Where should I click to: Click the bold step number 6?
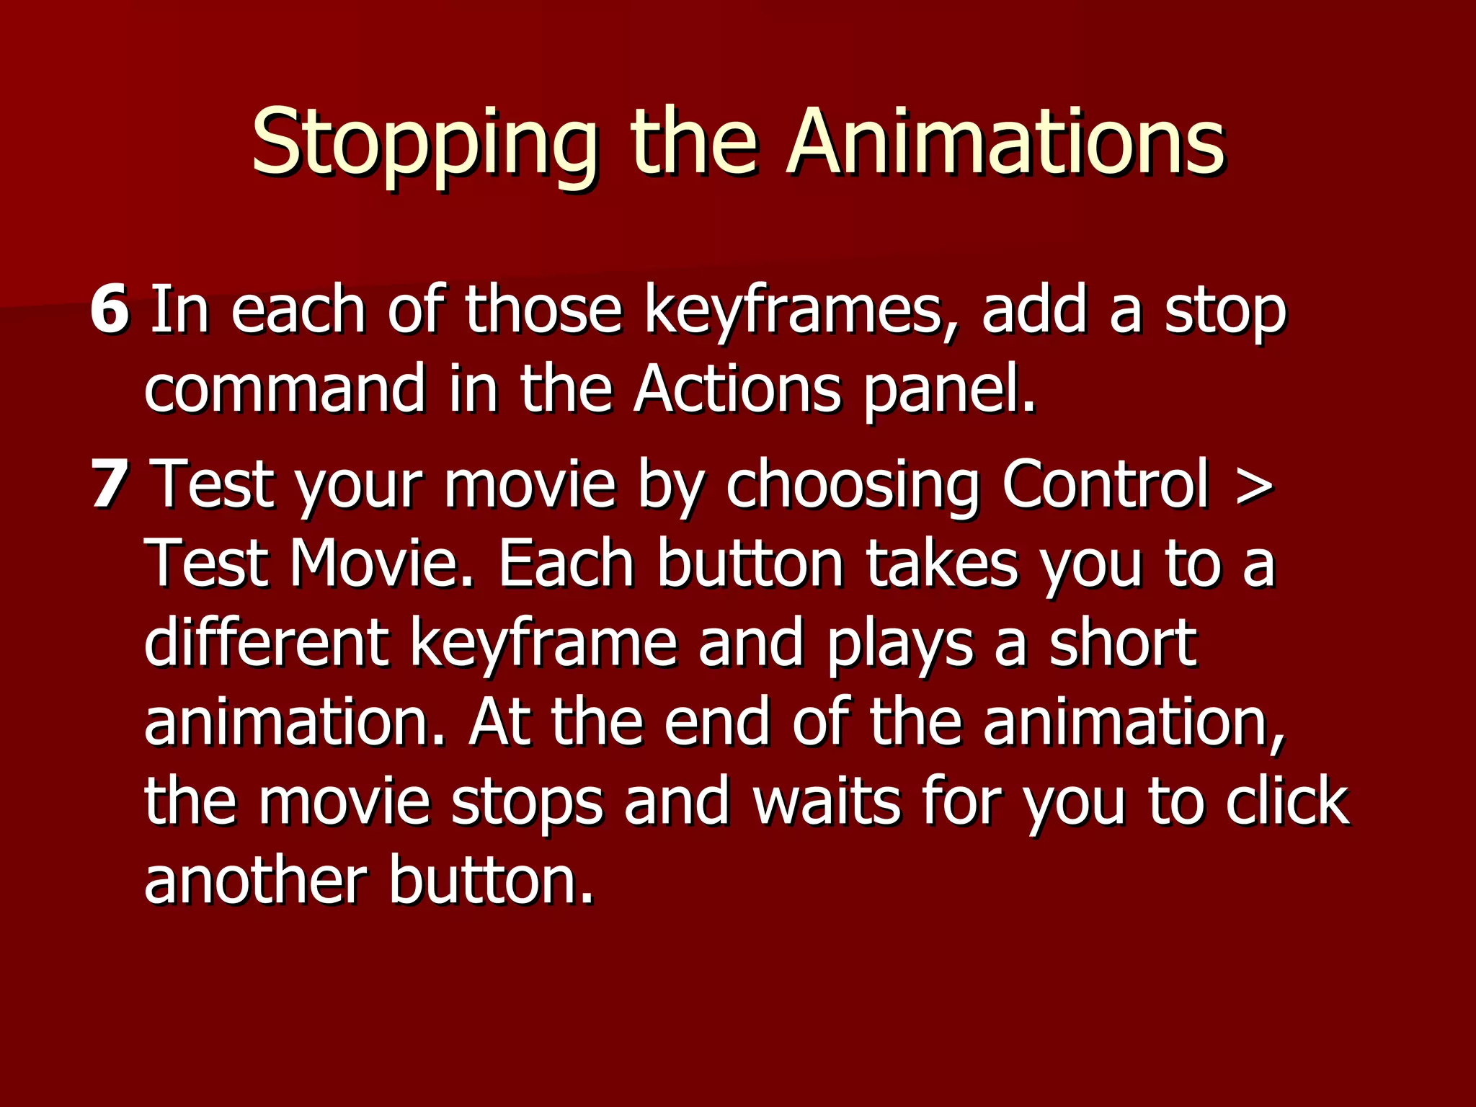[x=110, y=310]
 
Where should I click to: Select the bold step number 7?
[x=110, y=484]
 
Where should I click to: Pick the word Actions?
[x=737, y=389]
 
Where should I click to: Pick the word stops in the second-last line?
[x=526, y=804]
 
